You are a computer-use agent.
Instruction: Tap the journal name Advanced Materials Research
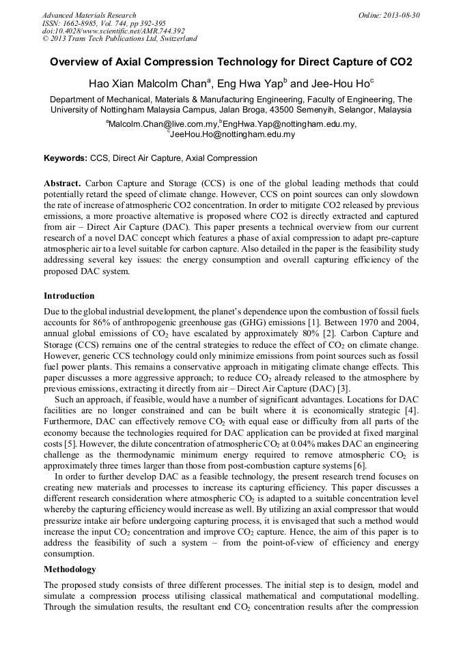tap(89, 15)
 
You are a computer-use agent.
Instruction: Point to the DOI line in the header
tap(113, 31)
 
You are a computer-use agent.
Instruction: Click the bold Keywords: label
tap(66, 158)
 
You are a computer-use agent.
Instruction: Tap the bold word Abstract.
tap(63, 184)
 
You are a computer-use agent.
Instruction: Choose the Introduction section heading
tap(69, 296)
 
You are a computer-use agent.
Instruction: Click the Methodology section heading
tap(70, 569)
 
